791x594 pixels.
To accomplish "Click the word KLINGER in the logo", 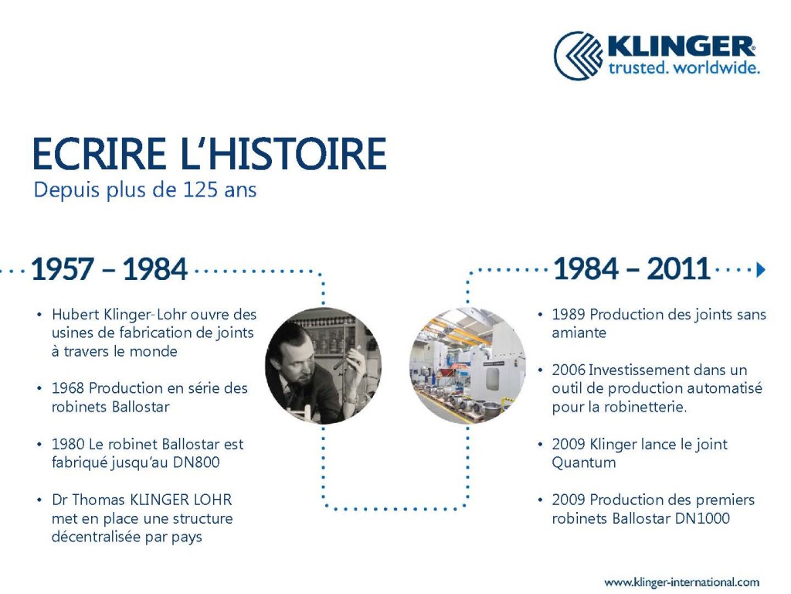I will (681, 46).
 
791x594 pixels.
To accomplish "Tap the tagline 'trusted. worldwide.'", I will (684, 68).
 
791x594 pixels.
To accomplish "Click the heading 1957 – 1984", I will (109, 269).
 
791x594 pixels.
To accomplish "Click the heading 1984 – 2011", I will (631, 268).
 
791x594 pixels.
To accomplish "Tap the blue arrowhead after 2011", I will (761, 269).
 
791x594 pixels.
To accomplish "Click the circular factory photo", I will (467, 365).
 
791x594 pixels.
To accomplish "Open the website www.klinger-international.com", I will (681, 582).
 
